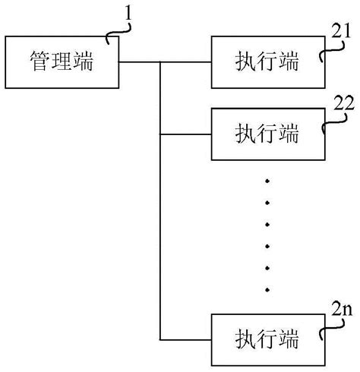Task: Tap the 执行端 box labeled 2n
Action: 266,336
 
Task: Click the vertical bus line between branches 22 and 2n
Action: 161,235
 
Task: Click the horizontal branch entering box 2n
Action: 186,336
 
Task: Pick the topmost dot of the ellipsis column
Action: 266,180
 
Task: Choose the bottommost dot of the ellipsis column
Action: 266,290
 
